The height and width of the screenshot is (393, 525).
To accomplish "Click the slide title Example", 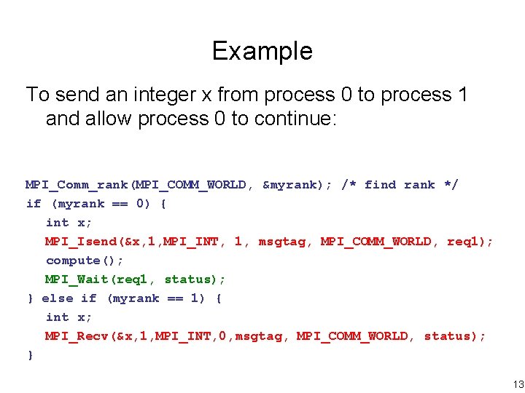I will pos(262,51).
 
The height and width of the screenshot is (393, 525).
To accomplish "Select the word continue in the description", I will pos(292,119).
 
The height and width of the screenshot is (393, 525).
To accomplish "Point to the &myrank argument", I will pos(290,185).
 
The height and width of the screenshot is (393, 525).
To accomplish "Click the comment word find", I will pos(380,185).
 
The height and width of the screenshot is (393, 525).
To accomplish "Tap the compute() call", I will pos(85,261).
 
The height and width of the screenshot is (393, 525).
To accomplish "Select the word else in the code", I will pos(58,298).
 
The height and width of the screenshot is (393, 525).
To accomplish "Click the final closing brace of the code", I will pos(30,355).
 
